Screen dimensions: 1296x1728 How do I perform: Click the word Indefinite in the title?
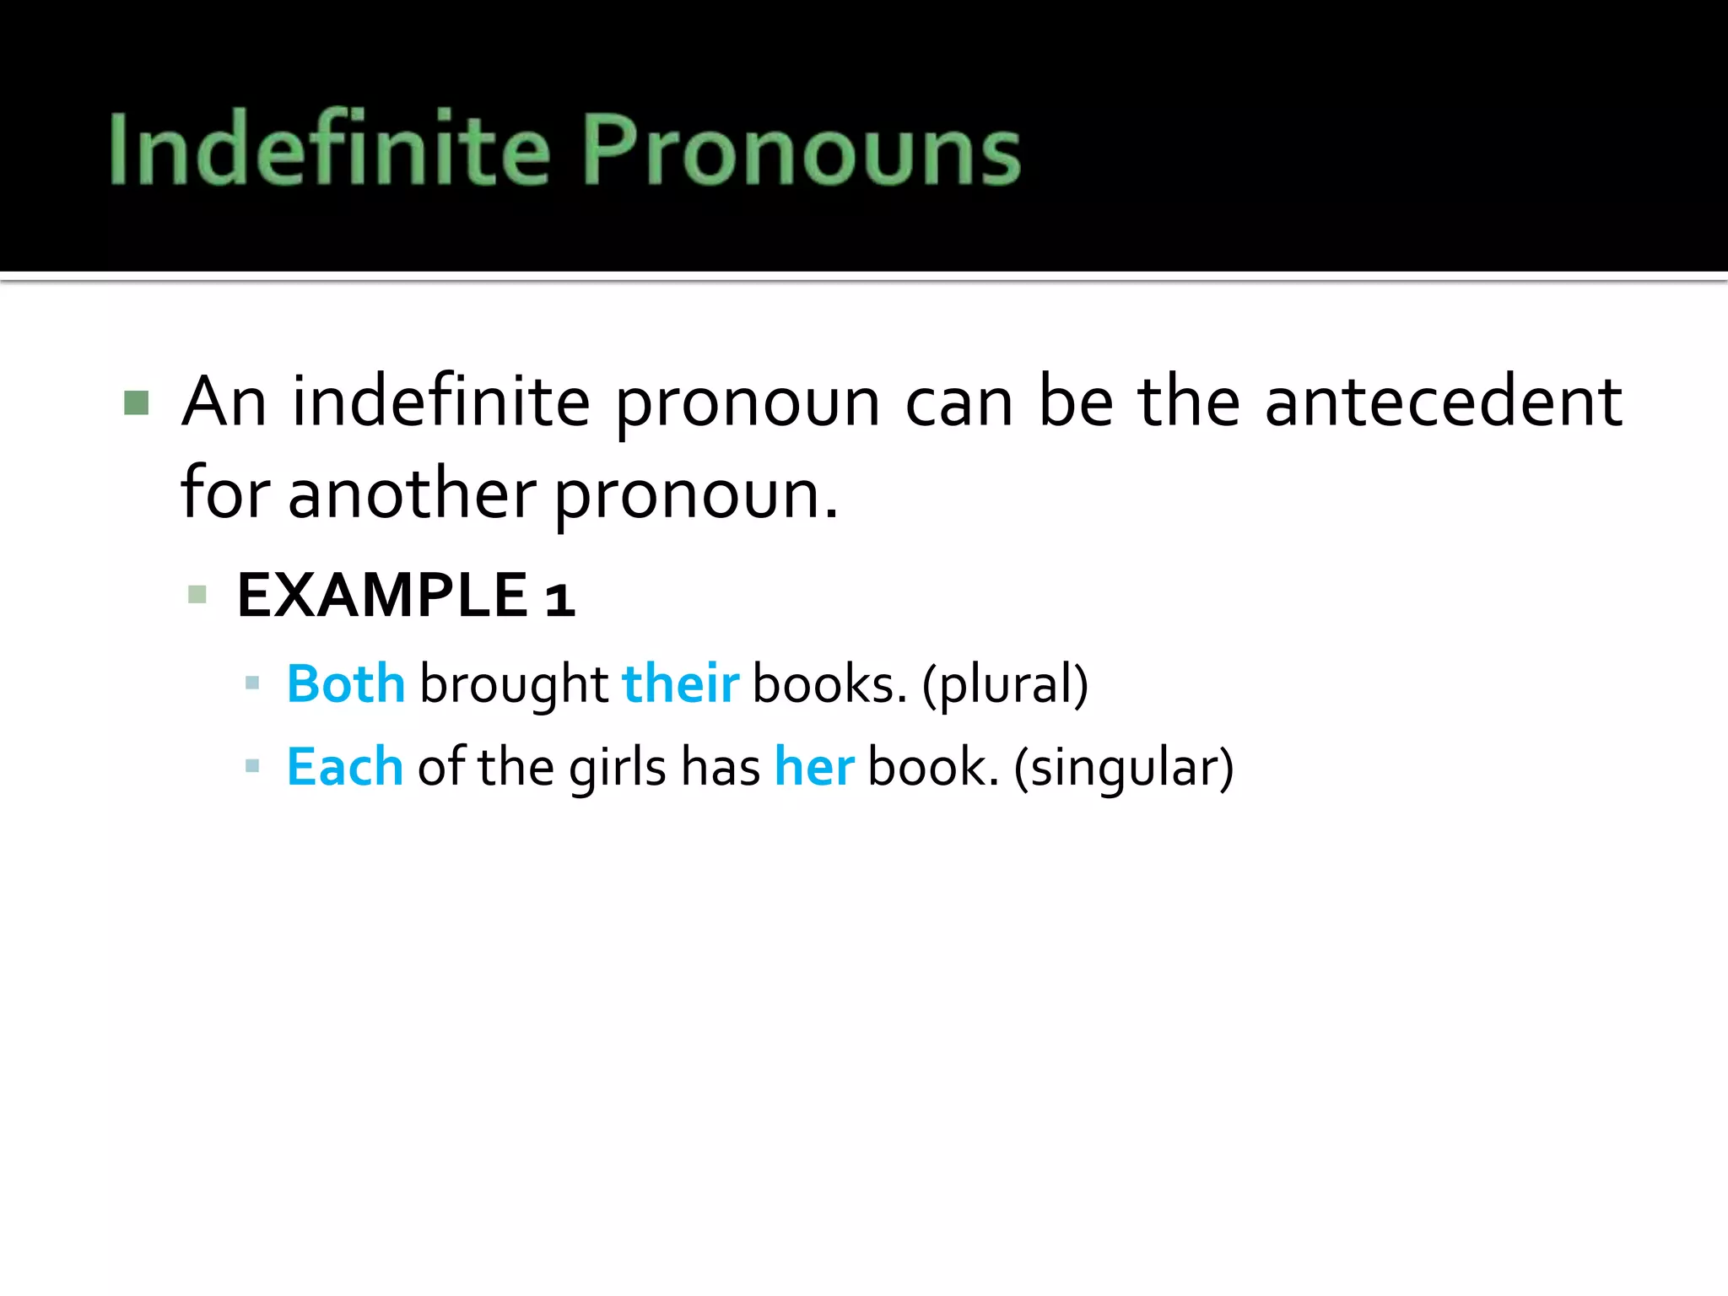[329, 148]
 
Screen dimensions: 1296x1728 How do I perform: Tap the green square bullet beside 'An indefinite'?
[137, 402]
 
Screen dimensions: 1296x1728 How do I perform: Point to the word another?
[412, 494]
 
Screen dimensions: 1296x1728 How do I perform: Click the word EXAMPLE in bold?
[382, 596]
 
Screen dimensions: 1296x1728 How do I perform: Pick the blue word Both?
[346, 683]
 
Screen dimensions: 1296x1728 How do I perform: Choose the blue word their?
[680, 683]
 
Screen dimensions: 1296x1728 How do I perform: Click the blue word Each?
[345, 767]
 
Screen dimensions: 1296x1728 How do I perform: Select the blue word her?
[814, 767]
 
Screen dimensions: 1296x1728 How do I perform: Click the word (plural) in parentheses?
[1005, 684]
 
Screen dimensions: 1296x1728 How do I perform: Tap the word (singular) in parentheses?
[1123, 768]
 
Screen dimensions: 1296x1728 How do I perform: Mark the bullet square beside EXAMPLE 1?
[197, 596]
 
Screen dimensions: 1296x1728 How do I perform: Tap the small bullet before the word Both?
[251, 683]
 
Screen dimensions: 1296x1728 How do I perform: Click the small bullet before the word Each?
[251, 767]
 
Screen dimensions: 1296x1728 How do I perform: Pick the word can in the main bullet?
[958, 402]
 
